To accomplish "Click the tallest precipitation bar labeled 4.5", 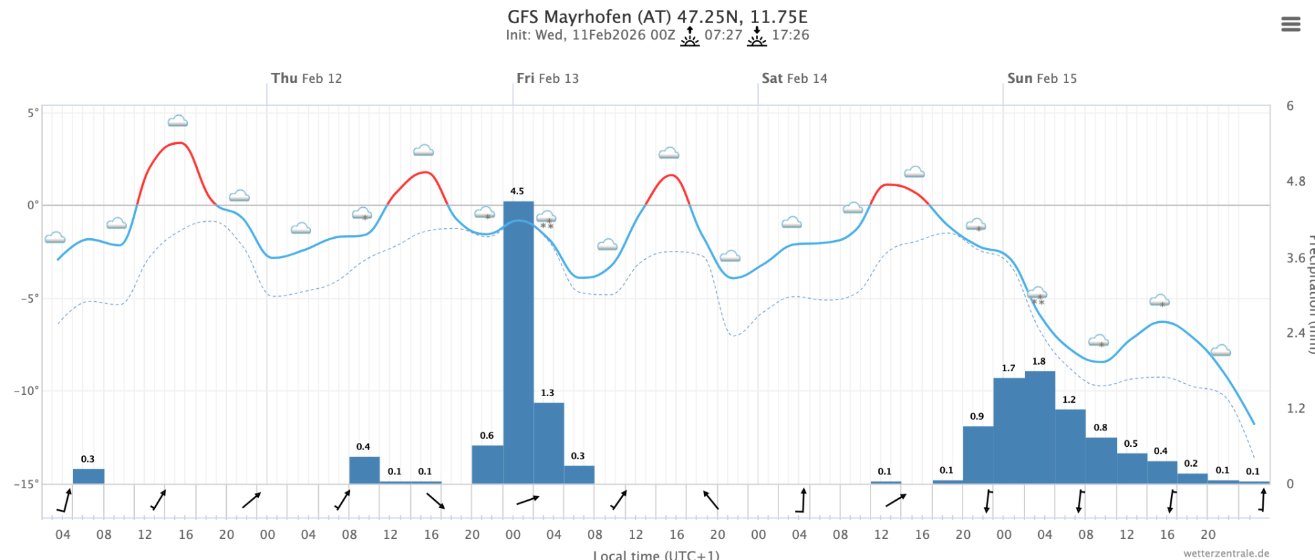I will (x=518, y=342).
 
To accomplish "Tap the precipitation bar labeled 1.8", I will (x=1040, y=428).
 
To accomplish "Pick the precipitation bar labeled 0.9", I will (x=978, y=455).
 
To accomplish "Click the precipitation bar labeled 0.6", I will (x=487, y=465).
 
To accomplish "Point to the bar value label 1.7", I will (x=1009, y=368).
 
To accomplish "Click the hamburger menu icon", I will (x=1290, y=24).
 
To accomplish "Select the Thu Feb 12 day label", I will (x=306, y=78).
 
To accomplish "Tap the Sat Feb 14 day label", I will (x=794, y=78).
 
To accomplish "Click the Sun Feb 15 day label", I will (x=1041, y=78).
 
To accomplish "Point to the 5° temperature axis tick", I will (x=33, y=113).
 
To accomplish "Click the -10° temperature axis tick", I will (x=26, y=390).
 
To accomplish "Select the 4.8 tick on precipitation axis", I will (x=1296, y=182).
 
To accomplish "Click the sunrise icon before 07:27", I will (x=690, y=36).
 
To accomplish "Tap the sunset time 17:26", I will (x=790, y=35).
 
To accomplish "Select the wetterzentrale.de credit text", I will (x=1226, y=553).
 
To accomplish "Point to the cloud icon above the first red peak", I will (x=178, y=121).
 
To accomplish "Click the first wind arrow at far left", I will (x=64, y=501).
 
